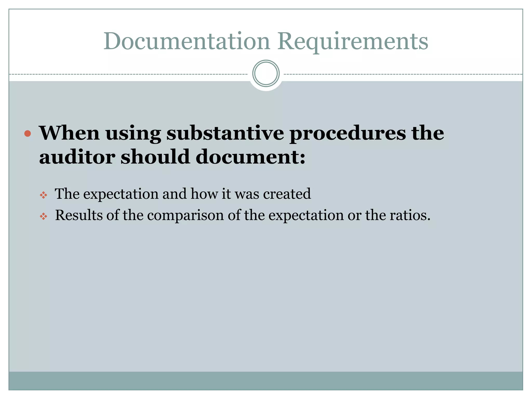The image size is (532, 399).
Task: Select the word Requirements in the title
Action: pyautogui.click(x=353, y=42)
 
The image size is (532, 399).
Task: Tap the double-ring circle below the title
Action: pyautogui.click(x=266, y=74)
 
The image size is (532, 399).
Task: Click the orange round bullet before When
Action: pyautogui.click(x=28, y=134)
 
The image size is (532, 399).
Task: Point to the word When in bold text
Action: pyautogui.click(x=69, y=133)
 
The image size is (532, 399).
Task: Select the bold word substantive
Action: pyautogui.click(x=225, y=133)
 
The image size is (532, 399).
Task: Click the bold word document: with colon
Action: pyautogui.click(x=250, y=157)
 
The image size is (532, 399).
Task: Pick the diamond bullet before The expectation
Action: pyautogui.click(x=43, y=195)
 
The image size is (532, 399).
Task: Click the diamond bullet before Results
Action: pyautogui.click(x=43, y=216)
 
